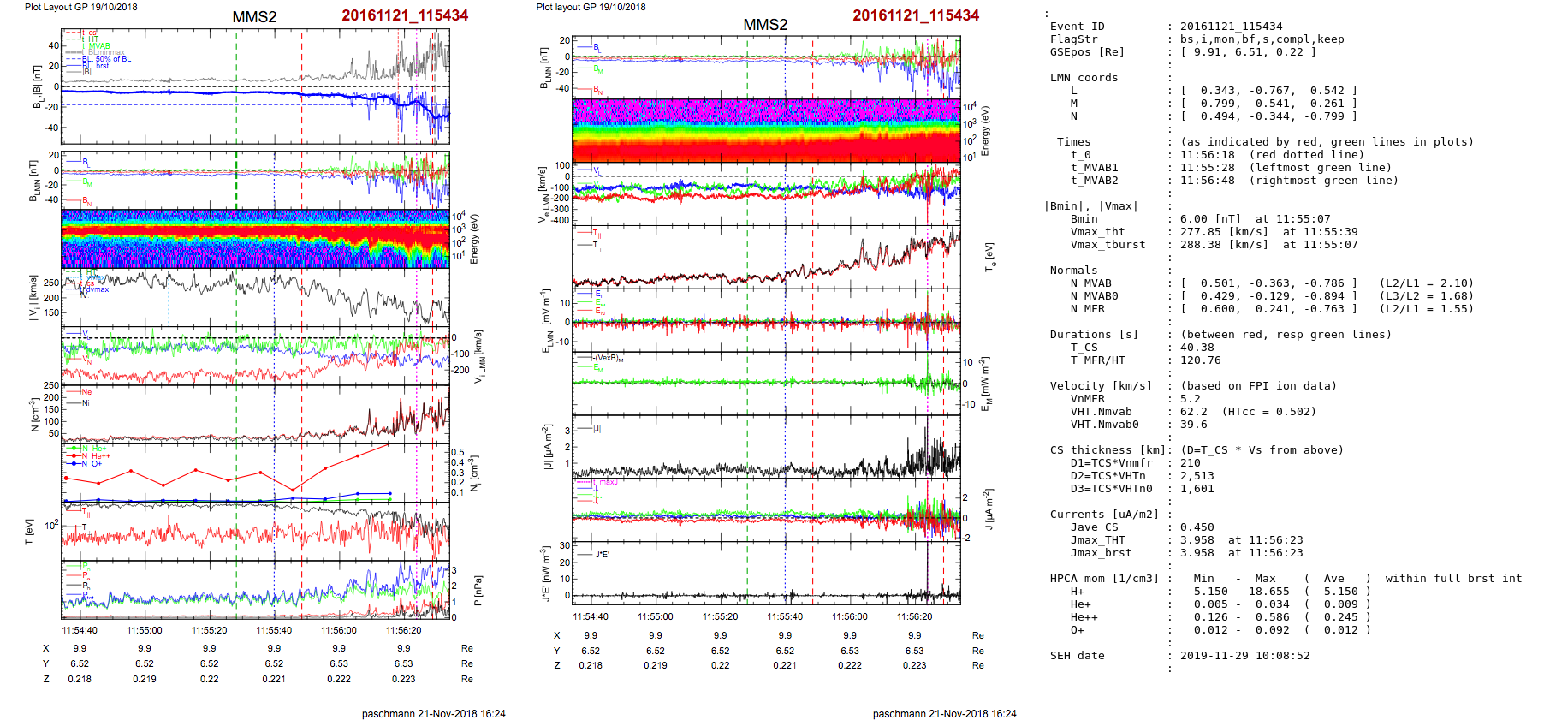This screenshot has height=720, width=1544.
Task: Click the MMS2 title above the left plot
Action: (254, 17)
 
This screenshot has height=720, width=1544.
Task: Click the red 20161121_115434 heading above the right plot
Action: (915, 15)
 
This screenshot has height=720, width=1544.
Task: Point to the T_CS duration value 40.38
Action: (1197, 348)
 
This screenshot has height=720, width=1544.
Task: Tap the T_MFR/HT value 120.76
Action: (1200, 360)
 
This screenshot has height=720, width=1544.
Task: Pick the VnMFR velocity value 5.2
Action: (1190, 399)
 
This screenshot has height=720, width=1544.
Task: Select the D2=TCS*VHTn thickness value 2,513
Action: (1197, 476)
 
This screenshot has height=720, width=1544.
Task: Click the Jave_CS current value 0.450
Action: (1197, 527)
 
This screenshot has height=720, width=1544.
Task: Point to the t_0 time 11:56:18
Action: (1207, 155)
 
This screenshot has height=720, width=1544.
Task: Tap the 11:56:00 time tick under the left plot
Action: (339, 631)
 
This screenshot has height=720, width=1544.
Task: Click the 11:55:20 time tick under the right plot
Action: (720, 616)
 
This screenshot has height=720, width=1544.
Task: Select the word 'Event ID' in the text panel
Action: (1077, 27)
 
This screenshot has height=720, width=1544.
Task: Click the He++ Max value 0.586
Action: (1265, 617)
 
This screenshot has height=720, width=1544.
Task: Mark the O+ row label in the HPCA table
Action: (1077, 630)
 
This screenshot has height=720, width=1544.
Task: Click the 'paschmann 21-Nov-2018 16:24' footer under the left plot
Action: (433, 713)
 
